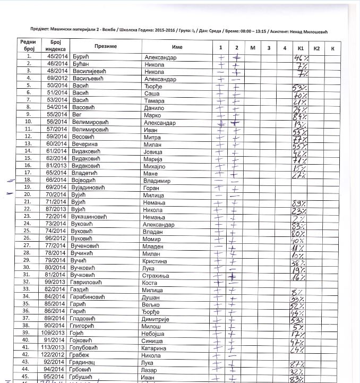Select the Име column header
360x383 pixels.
coord(177,47)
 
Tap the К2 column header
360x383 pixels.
coord(317,49)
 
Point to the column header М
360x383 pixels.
coord(253,49)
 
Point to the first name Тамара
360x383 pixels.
coord(155,100)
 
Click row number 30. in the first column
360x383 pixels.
coord(27,267)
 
